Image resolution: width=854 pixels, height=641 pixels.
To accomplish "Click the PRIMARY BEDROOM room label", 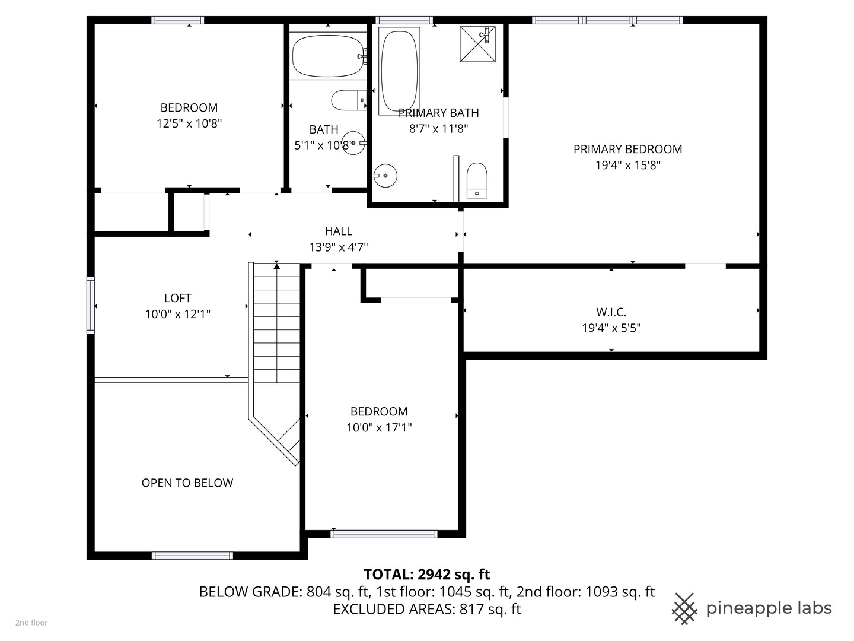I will point(627,149).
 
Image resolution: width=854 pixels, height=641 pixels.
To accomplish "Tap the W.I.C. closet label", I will point(611,312).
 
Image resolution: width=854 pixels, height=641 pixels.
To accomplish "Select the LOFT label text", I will point(177,298).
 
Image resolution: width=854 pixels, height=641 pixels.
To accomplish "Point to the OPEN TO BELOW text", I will point(187,483).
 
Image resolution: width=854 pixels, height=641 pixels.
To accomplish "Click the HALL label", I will point(338,231).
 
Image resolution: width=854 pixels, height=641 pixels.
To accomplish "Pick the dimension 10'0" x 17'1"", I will point(379,427).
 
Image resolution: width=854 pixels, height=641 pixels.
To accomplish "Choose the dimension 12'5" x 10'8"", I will point(189,123).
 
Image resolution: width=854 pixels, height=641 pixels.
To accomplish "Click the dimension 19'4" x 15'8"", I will point(627,165).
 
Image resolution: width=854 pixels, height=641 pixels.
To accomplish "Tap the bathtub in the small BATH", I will point(328,56).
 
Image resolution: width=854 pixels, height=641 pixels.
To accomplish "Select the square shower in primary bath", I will point(477,44).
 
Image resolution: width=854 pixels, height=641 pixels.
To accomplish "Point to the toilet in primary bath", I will point(477,180).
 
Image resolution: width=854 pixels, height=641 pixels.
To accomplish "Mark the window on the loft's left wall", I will point(91,304).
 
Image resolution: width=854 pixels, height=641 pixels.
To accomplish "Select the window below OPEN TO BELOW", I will point(192,556).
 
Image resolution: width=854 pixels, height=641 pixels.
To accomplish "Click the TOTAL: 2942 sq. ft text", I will point(426,575).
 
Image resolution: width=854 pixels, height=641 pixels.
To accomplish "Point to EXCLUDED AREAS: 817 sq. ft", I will point(426,609).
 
